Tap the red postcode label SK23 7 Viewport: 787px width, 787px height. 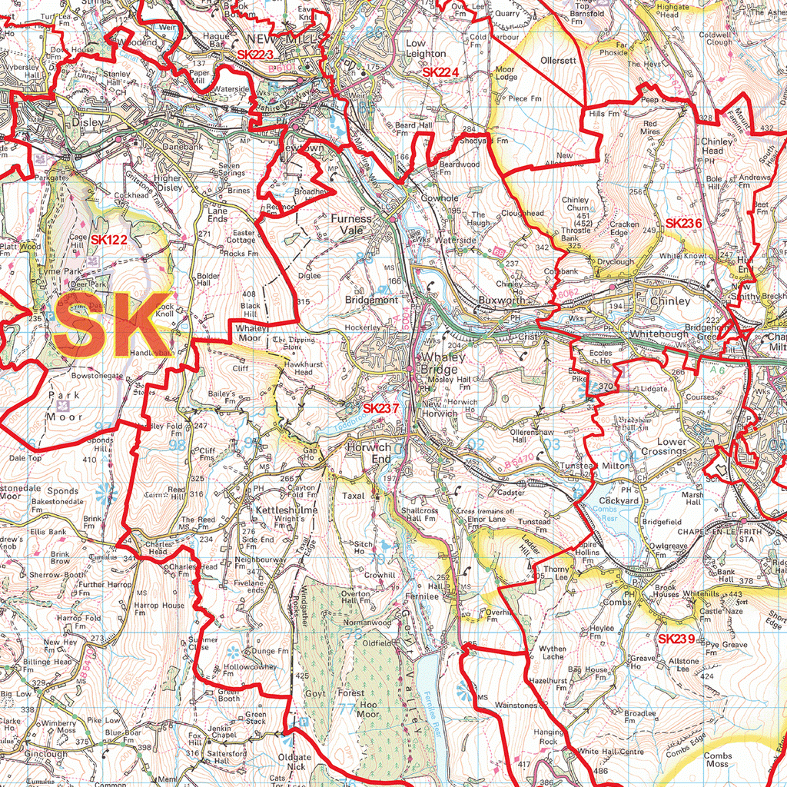pos(380,409)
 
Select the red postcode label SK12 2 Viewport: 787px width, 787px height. pos(108,240)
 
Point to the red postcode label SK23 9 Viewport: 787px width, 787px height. pos(676,639)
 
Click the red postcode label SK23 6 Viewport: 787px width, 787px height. pos(683,223)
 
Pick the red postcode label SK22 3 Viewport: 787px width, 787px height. pos(255,55)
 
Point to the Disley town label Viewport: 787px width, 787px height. pos(87,122)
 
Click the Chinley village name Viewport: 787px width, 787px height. pos(670,301)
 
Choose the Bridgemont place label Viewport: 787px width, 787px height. pos(371,301)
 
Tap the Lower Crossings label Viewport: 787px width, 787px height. pos(661,447)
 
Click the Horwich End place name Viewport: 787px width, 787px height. pos(369,453)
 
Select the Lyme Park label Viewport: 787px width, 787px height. pos(61,272)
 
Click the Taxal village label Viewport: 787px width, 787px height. pos(354,496)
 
